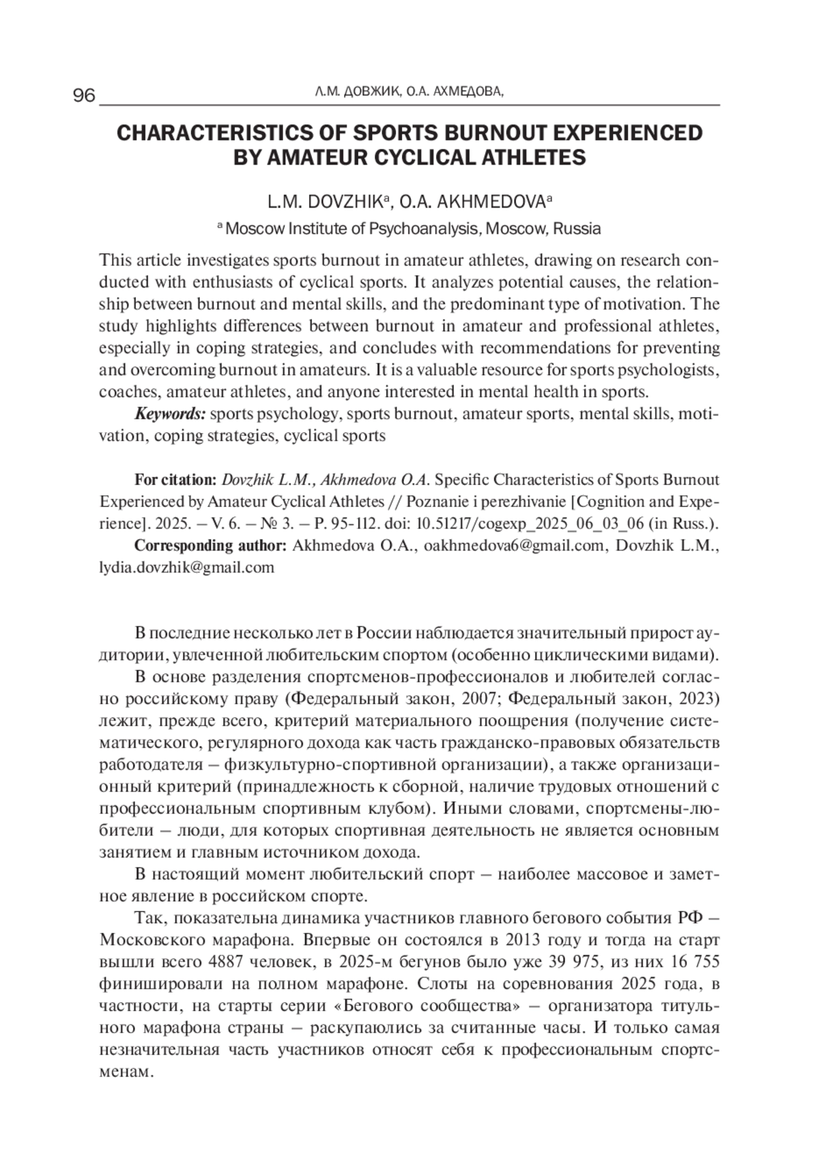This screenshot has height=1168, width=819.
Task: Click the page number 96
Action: (84, 96)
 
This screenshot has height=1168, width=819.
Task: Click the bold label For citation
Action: (176, 480)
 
